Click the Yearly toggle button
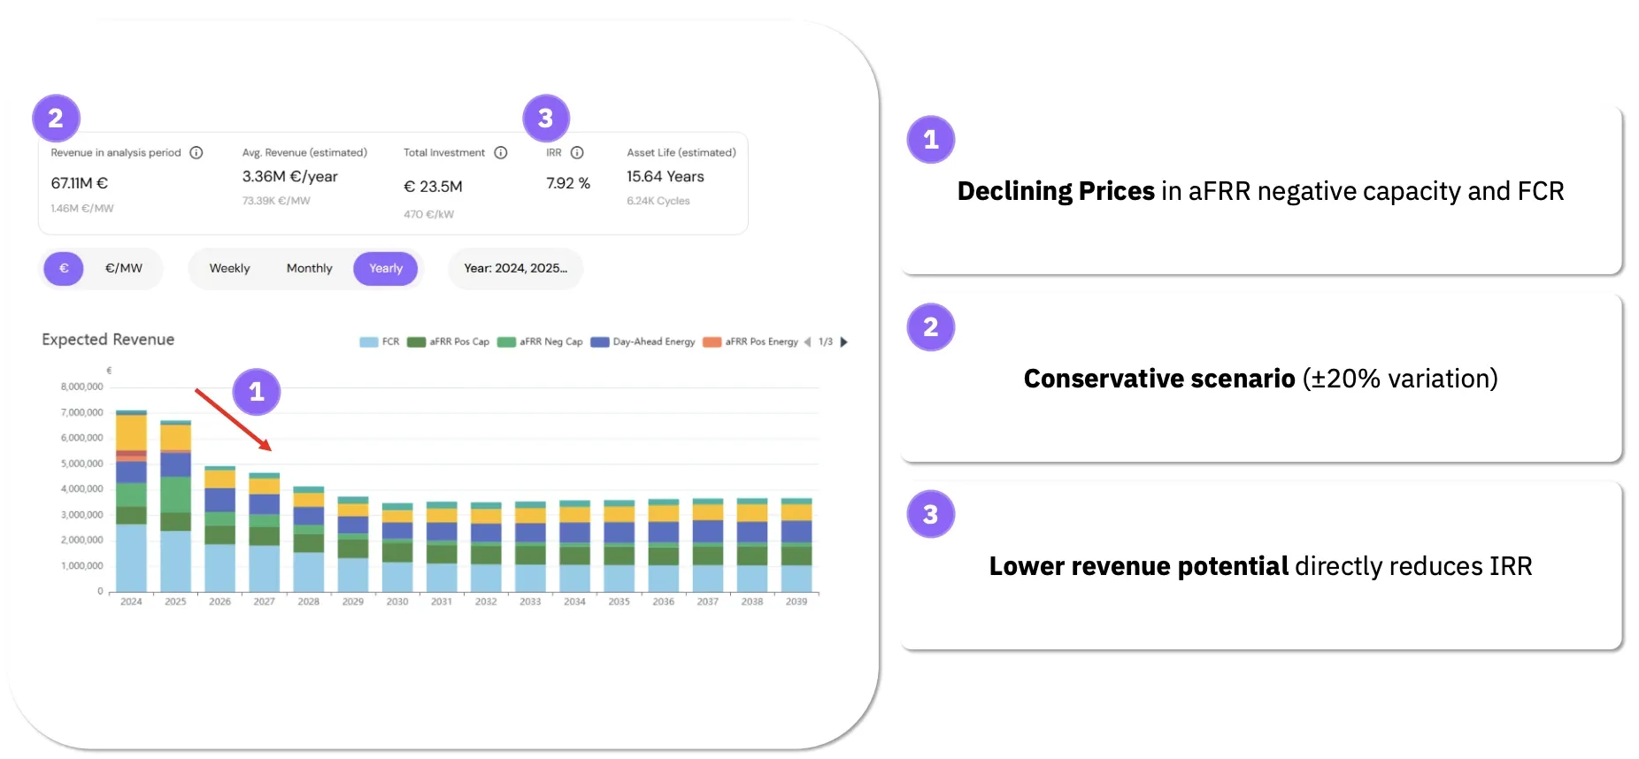tap(385, 269)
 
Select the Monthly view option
tap(309, 269)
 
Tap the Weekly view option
tap(229, 269)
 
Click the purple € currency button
tap(64, 269)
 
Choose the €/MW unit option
tap(123, 269)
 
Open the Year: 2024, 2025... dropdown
tap(515, 269)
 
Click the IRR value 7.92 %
tap(567, 183)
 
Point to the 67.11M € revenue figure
tap(79, 183)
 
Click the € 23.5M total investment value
tap(433, 187)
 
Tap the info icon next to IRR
tap(577, 153)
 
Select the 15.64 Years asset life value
tap(665, 177)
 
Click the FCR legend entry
tap(380, 342)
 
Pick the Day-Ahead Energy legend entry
tap(643, 342)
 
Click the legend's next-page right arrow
tap(843, 342)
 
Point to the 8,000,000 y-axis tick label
tap(81, 387)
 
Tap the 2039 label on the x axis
tap(796, 602)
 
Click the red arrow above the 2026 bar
tap(233, 419)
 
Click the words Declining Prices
tap(1055, 192)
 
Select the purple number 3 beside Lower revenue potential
tap(930, 515)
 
